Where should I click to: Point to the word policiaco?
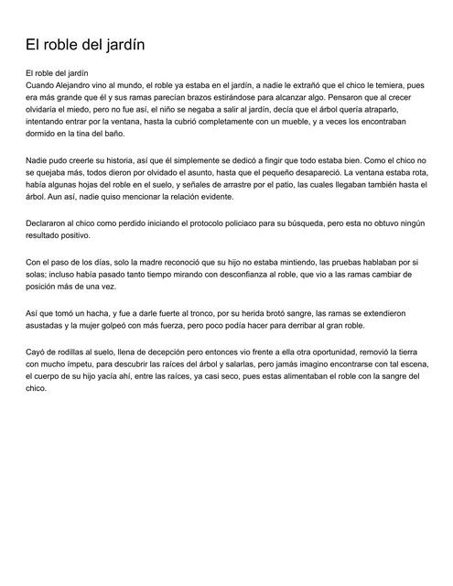[273, 224]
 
